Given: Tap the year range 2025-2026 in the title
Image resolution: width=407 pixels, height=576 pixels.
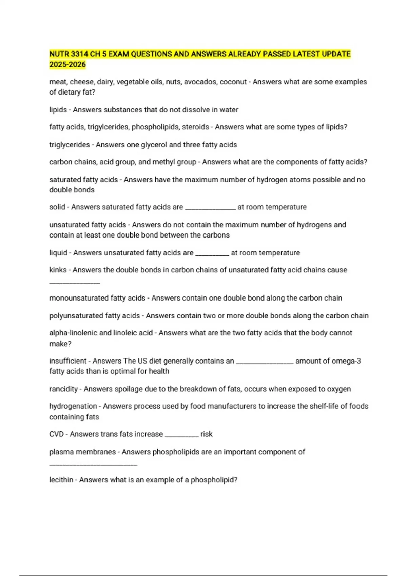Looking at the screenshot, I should click(67, 65).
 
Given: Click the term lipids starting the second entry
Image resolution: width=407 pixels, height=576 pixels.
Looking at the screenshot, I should click(58, 110).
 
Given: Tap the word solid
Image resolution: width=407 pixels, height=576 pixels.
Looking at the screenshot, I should click(57, 207).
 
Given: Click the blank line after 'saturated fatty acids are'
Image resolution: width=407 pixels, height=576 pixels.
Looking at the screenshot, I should click(210, 209).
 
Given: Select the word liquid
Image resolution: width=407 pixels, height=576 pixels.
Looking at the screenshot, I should click(58, 253).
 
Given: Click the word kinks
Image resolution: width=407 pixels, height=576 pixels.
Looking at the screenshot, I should click(58, 270).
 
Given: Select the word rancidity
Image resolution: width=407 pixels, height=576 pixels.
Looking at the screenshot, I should click(63, 389).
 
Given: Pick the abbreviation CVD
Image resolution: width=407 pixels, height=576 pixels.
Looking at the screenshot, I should click(56, 434).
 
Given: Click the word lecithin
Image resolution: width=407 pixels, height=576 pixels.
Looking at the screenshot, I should click(61, 480).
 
